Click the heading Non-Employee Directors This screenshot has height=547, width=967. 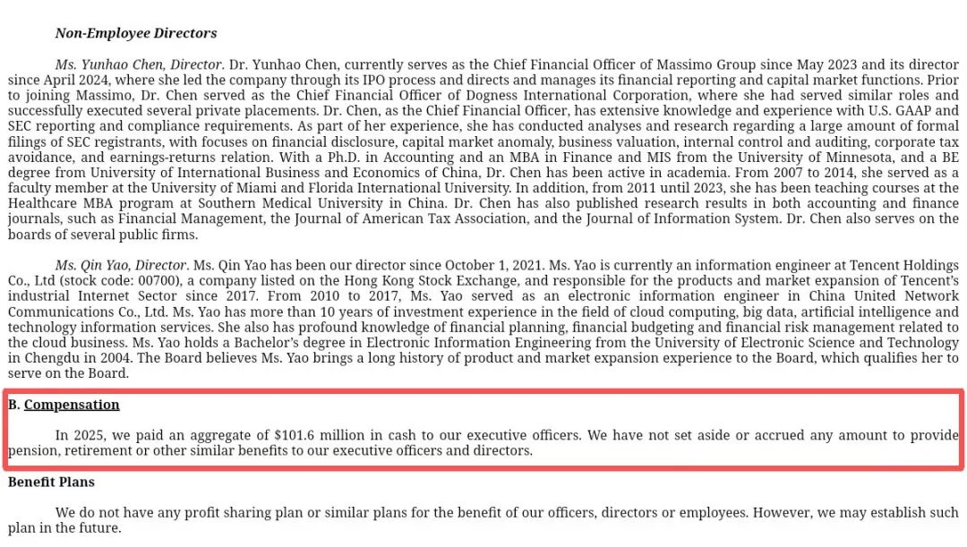tap(135, 33)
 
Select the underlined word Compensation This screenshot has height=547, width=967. tap(72, 405)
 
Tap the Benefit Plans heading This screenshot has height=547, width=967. tap(51, 482)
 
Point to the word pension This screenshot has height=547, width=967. tap(33, 450)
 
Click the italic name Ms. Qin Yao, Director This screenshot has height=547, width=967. tap(121, 265)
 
